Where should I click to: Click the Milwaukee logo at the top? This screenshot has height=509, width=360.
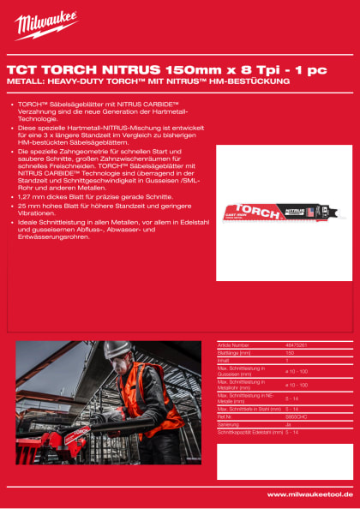click(x=42, y=21)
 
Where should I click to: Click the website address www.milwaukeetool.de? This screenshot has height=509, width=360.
click(x=309, y=494)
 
